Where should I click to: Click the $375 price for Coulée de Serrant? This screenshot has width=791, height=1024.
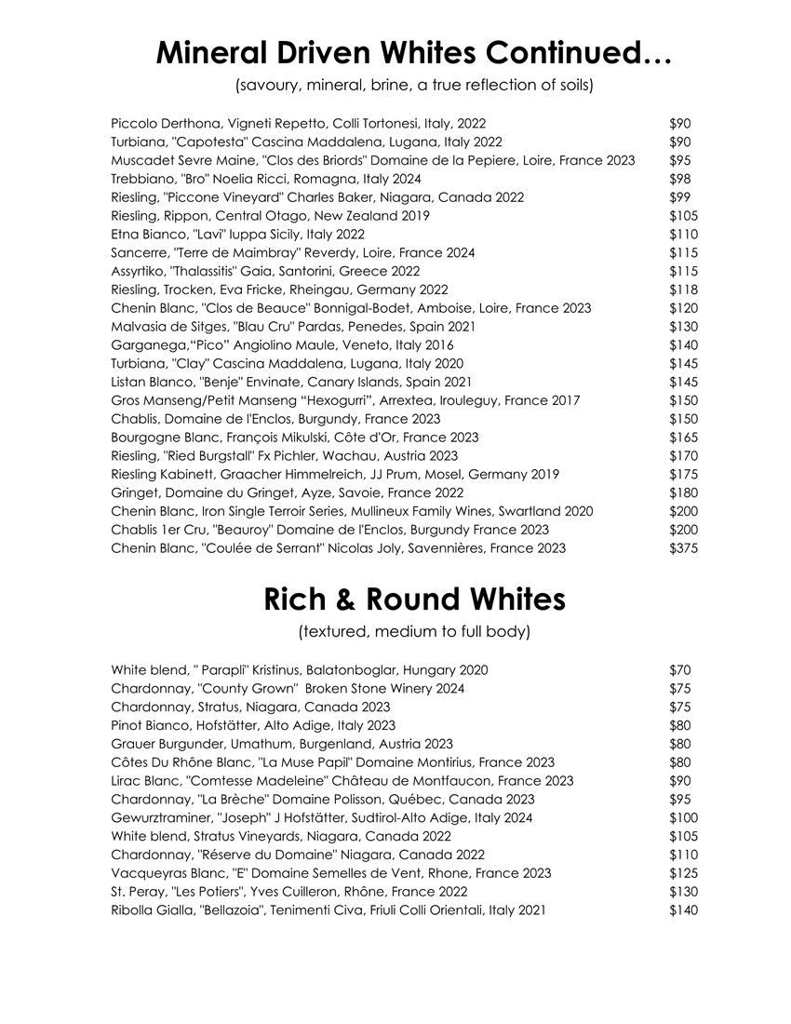683,548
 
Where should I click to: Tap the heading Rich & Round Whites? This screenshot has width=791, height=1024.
415,600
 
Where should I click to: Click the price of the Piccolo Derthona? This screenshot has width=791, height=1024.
679,123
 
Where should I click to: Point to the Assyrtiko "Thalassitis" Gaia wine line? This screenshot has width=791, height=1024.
265,271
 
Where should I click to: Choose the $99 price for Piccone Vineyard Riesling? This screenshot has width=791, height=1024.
679,197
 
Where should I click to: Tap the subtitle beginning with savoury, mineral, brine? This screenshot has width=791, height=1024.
415,86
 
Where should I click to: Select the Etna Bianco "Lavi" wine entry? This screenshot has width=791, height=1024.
237,234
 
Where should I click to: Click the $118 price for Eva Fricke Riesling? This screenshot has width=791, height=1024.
683,290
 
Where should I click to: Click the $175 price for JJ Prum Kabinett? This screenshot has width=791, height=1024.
683,474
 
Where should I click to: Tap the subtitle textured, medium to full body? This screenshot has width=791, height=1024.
414,632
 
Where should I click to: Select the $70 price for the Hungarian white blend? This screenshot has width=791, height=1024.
679,669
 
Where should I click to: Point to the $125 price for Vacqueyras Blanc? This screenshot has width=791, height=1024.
683,872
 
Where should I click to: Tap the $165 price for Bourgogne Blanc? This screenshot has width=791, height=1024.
683,437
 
